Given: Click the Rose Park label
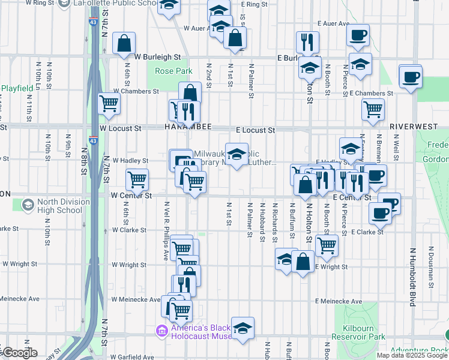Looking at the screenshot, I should tap(173, 71).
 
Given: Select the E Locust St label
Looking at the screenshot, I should tap(255, 130).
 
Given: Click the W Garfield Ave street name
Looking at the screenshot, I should tap(132, 356).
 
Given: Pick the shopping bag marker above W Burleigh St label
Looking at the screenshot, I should tap(124, 43).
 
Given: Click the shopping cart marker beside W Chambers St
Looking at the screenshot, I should tap(109, 103).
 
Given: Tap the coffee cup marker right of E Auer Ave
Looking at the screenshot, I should tap(358, 34).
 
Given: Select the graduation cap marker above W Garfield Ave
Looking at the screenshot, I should tap(243, 328).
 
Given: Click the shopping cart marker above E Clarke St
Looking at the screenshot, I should tap(326, 244).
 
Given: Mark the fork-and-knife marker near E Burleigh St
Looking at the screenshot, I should tap(307, 42).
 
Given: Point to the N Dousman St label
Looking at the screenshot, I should tap(431, 264).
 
